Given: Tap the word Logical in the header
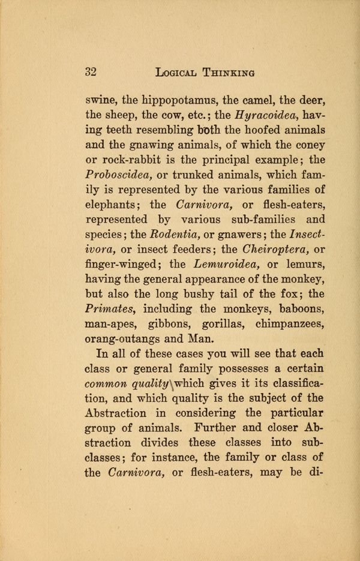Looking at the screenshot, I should pyautogui.click(x=179, y=73).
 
